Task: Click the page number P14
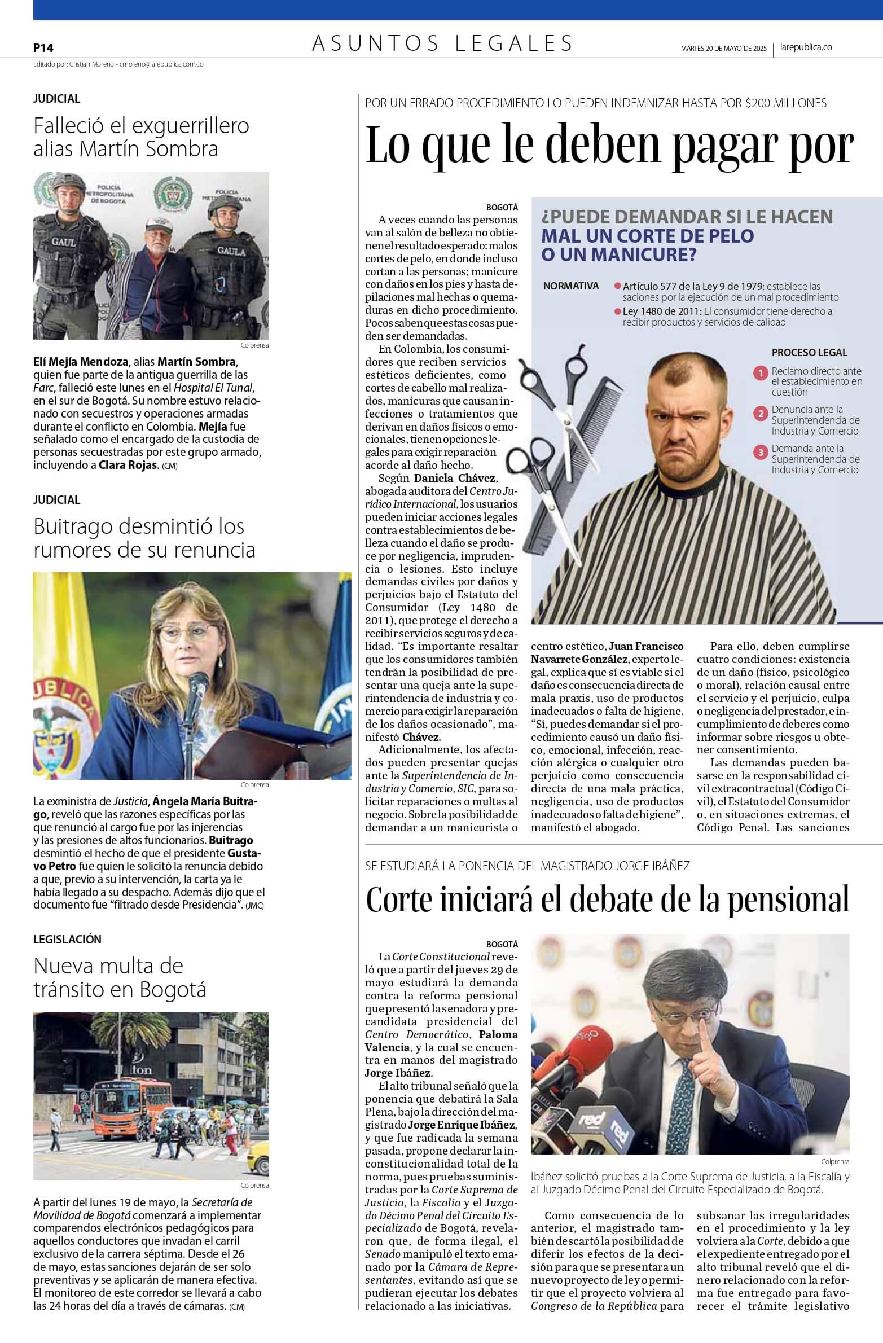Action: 43,49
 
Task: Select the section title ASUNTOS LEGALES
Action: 442,43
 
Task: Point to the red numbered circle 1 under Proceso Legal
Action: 761,373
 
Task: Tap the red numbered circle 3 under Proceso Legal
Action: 761,452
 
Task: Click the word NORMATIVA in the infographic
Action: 570,286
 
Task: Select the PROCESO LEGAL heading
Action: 809,353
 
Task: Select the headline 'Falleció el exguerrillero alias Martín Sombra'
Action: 141,137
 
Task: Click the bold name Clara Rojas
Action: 128,466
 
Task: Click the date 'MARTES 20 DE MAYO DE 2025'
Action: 723,49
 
